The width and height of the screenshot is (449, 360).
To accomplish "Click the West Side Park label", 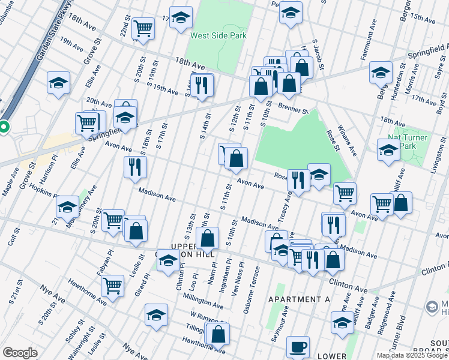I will point(218,35).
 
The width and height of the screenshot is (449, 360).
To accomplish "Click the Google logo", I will point(20,353).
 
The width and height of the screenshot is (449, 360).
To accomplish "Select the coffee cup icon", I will point(298,347).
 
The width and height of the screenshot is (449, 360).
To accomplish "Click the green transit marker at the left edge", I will point(3,127).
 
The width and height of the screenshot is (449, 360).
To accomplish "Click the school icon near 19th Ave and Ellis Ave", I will point(58,83).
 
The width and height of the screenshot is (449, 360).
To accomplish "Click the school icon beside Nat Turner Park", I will point(388,150).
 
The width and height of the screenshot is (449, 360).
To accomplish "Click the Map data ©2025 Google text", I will point(411,355).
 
